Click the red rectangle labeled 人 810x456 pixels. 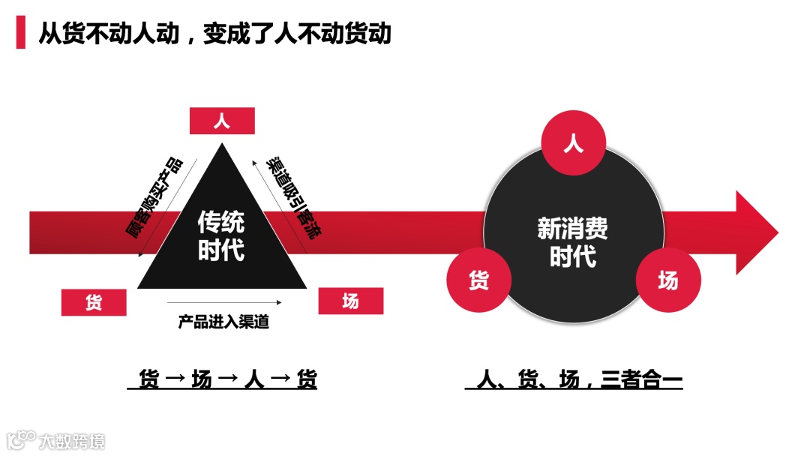point(222,121)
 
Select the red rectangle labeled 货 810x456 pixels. point(94,302)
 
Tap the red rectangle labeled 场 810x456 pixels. point(350,301)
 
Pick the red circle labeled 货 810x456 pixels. point(478,280)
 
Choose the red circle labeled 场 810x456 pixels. point(668,280)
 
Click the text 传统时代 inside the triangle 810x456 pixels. point(221,235)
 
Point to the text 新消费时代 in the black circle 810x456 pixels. point(573,241)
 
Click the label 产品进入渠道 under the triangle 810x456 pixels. point(223,323)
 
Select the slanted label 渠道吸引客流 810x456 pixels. point(291,198)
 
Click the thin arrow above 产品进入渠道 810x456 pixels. point(224,303)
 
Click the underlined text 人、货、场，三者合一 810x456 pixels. point(573,380)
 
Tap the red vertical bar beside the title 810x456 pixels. point(20,34)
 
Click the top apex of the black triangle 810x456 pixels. point(222,145)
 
